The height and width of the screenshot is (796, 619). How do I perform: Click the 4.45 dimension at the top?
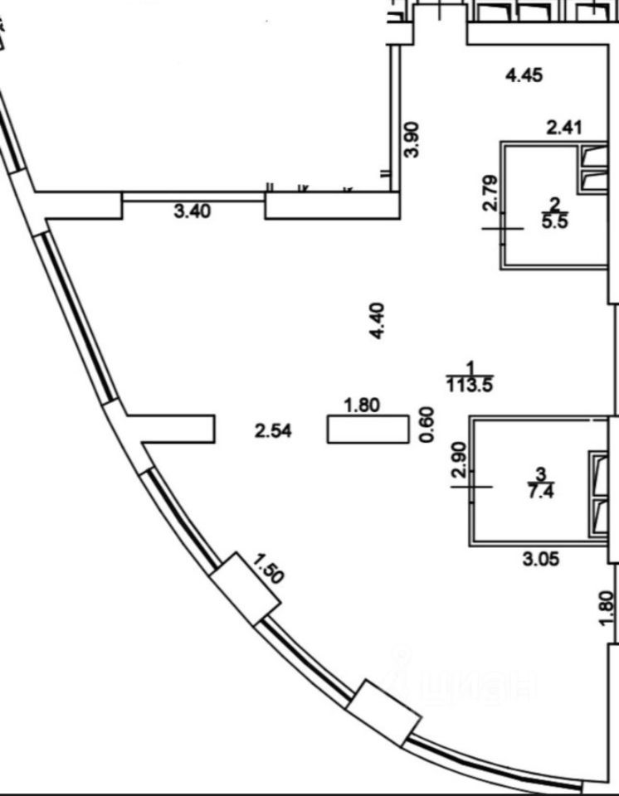(x=524, y=76)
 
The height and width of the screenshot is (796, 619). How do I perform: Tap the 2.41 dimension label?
(x=564, y=128)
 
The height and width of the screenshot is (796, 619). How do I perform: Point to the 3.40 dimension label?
(x=193, y=211)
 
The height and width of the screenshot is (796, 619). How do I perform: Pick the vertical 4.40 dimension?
(x=378, y=321)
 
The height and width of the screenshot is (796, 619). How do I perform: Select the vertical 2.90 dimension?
(x=461, y=459)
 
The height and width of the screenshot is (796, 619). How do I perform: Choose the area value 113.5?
(x=470, y=384)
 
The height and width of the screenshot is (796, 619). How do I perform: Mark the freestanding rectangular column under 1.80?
(x=368, y=430)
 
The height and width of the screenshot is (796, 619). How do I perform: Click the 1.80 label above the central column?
(x=362, y=405)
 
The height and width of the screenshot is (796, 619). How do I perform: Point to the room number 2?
(x=553, y=204)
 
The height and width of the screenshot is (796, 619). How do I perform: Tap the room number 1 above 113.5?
(x=470, y=367)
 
